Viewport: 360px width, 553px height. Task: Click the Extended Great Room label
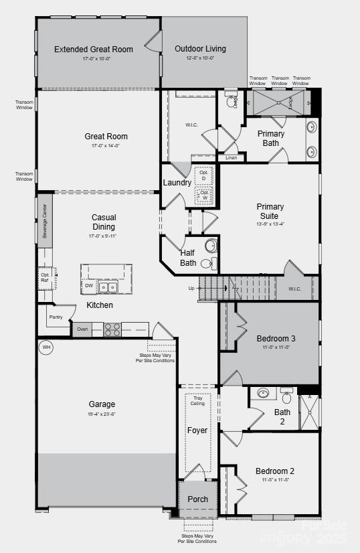tap(94, 49)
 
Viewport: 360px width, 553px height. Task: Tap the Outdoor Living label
tap(200, 49)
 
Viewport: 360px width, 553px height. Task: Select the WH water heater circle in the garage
tap(46, 347)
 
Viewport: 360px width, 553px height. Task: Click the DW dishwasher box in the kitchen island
tap(89, 286)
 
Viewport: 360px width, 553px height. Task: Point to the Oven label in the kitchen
tap(82, 329)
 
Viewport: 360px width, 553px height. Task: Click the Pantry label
tap(56, 317)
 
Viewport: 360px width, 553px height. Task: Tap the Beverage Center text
tap(45, 221)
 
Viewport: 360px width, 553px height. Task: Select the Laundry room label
tap(177, 183)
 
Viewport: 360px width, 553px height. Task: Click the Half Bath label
tap(188, 258)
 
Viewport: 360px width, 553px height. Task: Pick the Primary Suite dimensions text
tap(270, 224)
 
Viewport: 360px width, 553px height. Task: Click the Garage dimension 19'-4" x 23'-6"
tap(102, 414)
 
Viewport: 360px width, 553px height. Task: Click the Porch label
tap(198, 499)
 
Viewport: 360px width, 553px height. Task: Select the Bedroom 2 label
tap(274, 471)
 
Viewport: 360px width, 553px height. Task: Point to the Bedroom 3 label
tap(276, 339)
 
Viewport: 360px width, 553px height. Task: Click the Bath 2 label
tap(282, 416)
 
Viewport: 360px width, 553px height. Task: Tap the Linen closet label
tap(231, 158)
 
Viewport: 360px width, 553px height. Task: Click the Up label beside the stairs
tap(191, 288)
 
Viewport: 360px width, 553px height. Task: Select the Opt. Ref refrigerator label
tap(45, 277)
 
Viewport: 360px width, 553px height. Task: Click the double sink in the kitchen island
tap(107, 287)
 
